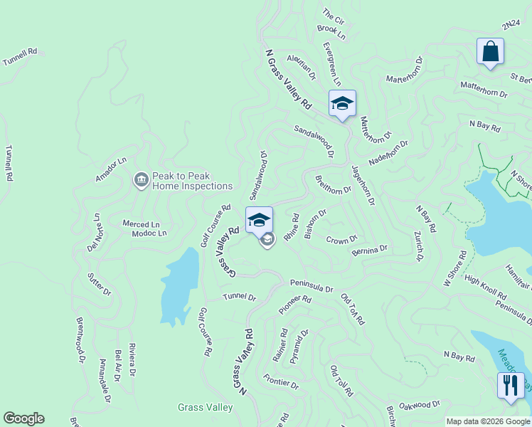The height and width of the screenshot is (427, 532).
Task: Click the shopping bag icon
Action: pyautogui.click(x=490, y=52)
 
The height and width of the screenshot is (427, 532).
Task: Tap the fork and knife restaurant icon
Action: pyautogui.click(x=511, y=386)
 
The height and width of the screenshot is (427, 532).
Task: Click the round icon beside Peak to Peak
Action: pyautogui.click(x=141, y=181)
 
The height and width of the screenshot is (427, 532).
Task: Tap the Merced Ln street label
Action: pyautogui.click(x=141, y=223)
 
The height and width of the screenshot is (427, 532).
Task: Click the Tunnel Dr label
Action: pyautogui.click(x=239, y=297)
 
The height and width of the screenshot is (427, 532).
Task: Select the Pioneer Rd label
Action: pyautogui.click(x=294, y=305)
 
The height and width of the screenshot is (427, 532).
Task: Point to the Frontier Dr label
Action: pyautogui.click(x=281, y=381)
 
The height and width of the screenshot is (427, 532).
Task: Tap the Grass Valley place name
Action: pyautogui.click(x=205, y=408)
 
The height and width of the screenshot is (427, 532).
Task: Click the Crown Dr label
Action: pyautogui.click(x=341, y=241)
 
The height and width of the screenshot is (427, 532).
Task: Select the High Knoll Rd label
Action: pyautogui.click(x=485, y=286)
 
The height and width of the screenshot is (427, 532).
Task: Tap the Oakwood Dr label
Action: pyautogui.click(x=420, y=406)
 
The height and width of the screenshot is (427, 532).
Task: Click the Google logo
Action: pyautogui.click(x=23, y=418)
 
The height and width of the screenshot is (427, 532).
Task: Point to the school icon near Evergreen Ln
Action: pyautogui.click(x=342, y=104)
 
